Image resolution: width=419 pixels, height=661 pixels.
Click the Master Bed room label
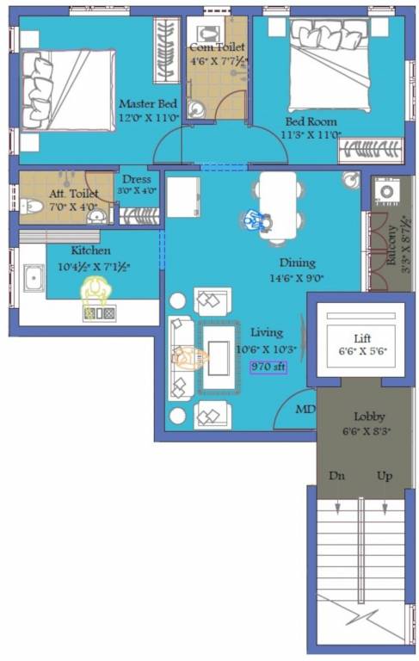click(x=148, y=104)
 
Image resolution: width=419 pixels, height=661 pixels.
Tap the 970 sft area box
click(x=268, y=366)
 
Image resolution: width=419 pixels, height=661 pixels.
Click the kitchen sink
click(x=35, y=278)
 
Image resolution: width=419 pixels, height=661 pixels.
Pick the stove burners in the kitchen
click(x=99, y=314)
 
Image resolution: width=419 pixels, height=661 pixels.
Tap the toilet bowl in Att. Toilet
click(x=32, y=207)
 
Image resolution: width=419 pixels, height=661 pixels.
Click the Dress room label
click(x=136, y=180)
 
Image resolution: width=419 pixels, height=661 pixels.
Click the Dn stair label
click(x=336, y=476)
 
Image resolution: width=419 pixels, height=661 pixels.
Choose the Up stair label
click(x=385, y=476)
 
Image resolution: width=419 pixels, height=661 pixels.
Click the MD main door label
click(x=305, y=409)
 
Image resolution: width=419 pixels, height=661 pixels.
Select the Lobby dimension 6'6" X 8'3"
click(x=361, y=431)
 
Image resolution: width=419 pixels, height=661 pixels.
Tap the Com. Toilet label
click(x=217, y=47)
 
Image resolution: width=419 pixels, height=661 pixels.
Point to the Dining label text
click(x=297, y=263)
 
